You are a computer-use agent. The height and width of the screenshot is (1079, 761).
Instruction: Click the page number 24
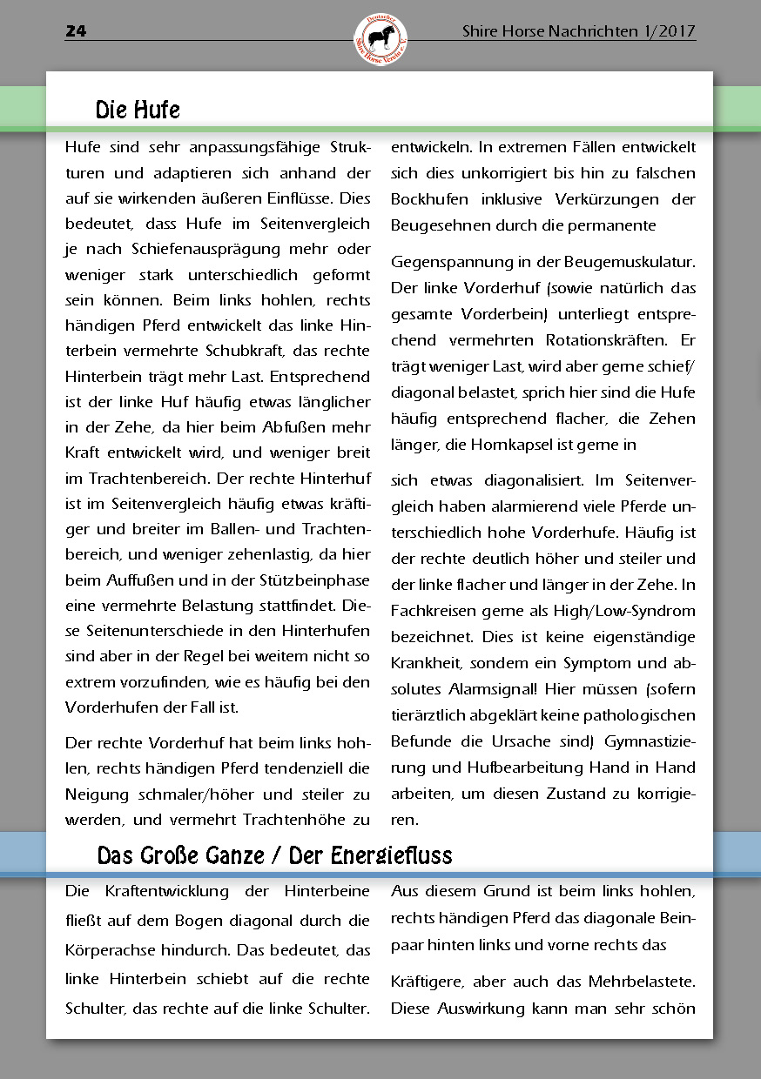(76, 31)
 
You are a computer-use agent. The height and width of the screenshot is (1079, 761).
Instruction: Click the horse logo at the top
(380, 40)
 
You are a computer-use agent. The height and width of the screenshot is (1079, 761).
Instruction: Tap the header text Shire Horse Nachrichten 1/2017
(578, 31)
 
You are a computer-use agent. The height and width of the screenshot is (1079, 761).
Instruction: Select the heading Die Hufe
(138, 111)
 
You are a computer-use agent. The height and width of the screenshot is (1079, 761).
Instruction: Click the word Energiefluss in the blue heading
(392, 855)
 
